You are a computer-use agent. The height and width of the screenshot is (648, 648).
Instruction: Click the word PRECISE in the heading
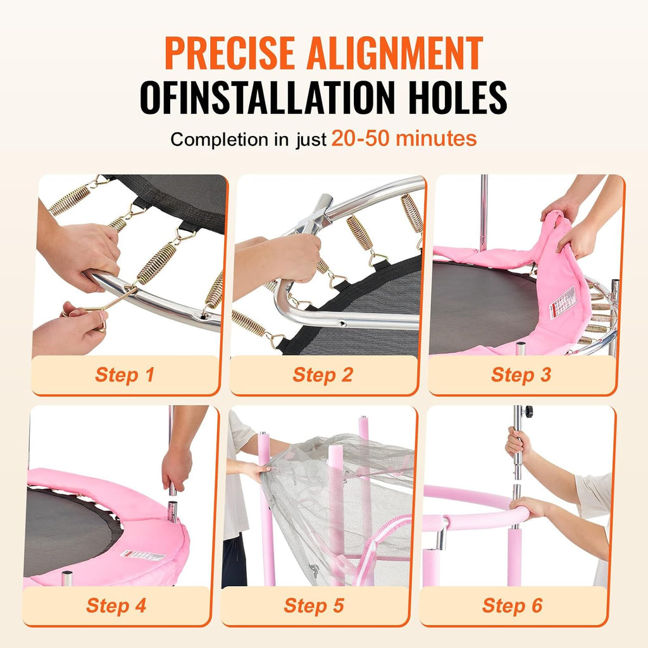pos(229,53)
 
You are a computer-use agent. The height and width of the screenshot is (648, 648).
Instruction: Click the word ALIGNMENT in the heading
pos(395,53)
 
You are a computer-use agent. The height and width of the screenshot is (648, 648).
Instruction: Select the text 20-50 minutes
pos(404,138)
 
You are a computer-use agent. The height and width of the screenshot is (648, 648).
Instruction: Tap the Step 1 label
pos(125,375)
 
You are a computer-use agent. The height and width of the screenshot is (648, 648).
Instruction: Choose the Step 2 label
pos(323,375)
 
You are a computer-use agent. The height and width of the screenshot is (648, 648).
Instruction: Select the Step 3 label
pos(521,375)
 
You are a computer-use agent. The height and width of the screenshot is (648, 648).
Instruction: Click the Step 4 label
pos(116,606)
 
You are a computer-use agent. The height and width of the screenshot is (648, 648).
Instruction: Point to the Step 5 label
pos(314,606)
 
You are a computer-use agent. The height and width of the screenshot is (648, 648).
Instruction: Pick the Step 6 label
pos(512,606)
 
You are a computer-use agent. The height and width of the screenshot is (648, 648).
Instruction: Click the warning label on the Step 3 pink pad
pos(563,302)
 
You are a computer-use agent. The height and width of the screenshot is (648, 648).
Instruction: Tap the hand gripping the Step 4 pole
pos(177,468)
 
